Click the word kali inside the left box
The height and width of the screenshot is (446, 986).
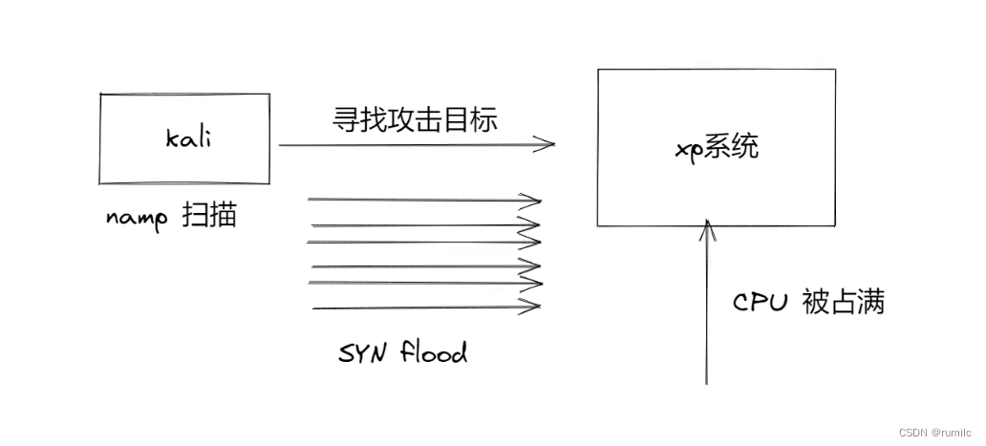188,138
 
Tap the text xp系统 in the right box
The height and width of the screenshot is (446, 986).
718,148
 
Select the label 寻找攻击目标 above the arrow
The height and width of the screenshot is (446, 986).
415,119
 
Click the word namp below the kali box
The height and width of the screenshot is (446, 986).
137,219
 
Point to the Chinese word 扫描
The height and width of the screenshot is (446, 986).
209,215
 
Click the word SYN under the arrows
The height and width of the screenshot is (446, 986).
362,353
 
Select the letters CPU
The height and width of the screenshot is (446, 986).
761,303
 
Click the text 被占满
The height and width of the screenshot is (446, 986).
844,302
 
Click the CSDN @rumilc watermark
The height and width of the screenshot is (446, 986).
935,433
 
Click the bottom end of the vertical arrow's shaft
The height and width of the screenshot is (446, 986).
706,384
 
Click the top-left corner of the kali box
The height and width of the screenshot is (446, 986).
100,95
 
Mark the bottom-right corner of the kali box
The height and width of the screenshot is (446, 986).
269,183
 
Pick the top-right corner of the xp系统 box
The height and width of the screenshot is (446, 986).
835,70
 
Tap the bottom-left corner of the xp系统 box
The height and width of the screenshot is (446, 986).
597,224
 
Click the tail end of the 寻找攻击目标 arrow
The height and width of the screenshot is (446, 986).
279,145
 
